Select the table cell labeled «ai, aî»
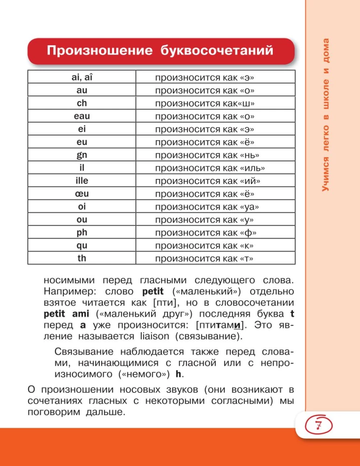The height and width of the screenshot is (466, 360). pos(82,77)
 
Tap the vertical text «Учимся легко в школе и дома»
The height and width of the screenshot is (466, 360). pos(325,114)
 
